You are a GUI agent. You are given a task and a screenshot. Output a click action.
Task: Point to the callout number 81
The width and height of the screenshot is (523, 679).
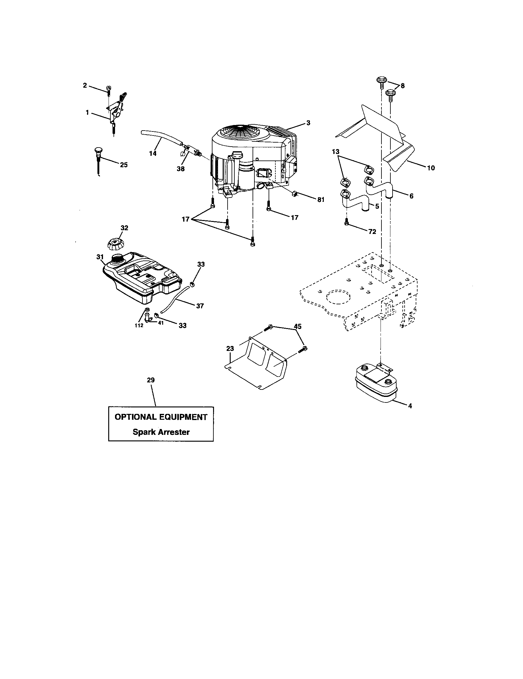click(x=320, y=200)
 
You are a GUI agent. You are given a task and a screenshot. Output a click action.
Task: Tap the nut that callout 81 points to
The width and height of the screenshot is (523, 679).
click(x=295, y=194)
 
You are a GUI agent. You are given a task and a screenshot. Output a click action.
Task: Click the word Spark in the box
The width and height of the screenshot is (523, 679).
click(x=144, y=432)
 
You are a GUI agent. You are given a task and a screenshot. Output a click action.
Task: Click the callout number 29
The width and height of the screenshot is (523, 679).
click(x=151, y=380)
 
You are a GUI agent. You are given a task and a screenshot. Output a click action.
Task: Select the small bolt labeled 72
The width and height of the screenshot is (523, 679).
click(x=346, y=221)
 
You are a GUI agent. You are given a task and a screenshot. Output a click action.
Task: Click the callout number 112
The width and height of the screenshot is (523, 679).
click(x=139, y=325)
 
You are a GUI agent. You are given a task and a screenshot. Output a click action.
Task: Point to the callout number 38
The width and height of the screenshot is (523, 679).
click(x=180, y=169)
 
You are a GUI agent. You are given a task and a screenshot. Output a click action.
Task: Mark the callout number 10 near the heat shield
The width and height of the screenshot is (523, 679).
click(x=431, y=168)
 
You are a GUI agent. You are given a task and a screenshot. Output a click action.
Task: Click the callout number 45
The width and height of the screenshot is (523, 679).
click(x=298, y=327)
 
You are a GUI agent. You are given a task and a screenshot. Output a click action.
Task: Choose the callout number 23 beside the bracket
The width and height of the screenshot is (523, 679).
click(x=230, y=349)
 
